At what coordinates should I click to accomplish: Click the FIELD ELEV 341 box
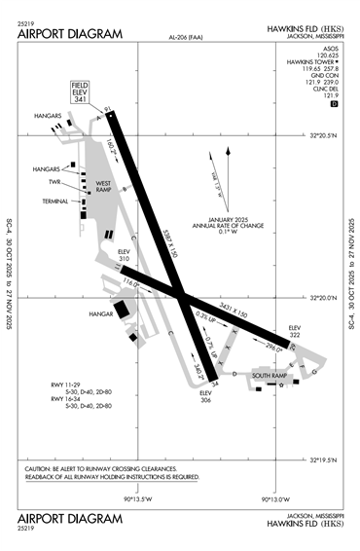(x=80, y=93)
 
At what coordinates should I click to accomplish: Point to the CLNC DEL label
(x=325, y=89)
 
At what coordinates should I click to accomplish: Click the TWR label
(x=55, y=181)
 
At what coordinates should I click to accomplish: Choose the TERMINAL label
(x=55, y=202)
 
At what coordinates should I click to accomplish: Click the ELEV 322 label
(x=296, y=330)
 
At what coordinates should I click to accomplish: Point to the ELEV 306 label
(x=206, y=397)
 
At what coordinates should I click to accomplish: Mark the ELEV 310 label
(x=124, y=254)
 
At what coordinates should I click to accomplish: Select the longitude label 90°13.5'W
(x=138, y=499)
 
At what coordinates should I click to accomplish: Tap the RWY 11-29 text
(x=69, y=386)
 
